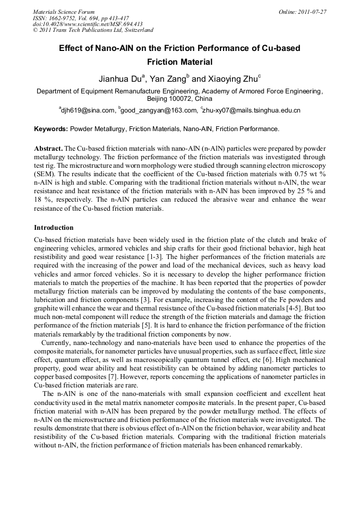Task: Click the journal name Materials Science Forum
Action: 63,12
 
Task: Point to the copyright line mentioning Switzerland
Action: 93,30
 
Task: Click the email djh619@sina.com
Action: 88,110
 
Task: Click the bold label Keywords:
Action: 51,129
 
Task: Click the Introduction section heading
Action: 54,228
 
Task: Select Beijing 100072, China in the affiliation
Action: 179,99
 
